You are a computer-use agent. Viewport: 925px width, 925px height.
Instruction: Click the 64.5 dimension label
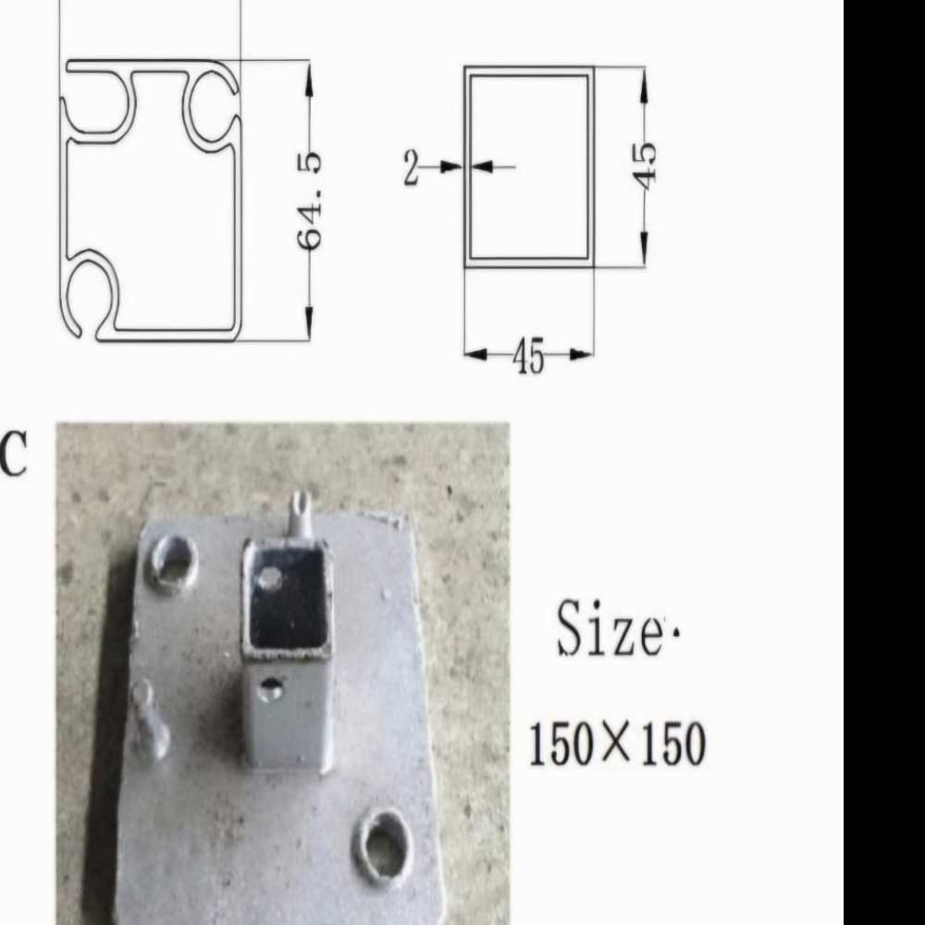coord(310,201)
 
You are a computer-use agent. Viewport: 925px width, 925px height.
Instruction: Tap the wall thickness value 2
coord(412,167)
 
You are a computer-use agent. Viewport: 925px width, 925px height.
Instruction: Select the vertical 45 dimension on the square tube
coord(647,166)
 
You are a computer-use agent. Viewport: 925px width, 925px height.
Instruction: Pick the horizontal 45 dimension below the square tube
coord(528,356)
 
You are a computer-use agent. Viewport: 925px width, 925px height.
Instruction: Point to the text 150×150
coord(617,744)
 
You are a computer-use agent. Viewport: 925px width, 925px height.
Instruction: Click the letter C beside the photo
coord(14,453)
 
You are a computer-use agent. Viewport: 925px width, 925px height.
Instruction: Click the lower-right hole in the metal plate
coord(382,847)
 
